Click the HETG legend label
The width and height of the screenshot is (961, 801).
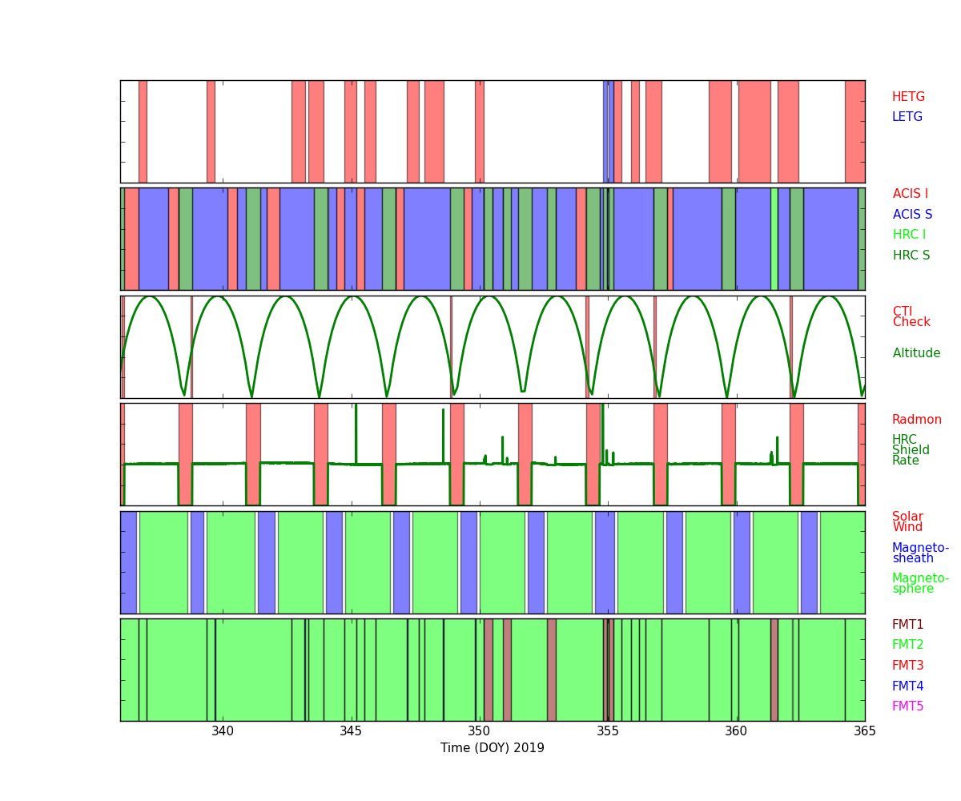[908, 97]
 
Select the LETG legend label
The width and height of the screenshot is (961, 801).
[907, 117]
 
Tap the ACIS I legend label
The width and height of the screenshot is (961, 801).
[911, 194]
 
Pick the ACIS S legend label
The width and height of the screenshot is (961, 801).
[912, 215]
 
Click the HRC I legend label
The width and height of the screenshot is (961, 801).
[909, 235]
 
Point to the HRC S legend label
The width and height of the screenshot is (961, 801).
[911, 256]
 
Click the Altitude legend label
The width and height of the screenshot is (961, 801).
[916, 353]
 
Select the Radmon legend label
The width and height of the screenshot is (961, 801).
[917, 420]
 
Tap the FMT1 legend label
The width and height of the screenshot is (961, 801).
[908, 625]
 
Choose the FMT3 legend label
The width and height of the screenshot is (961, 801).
[908, 666]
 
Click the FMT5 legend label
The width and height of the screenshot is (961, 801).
[908, 706]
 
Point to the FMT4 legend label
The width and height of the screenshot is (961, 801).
[908, 686]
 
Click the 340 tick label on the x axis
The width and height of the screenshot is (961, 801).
[223, 731]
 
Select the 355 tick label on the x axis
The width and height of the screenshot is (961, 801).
[608, 731]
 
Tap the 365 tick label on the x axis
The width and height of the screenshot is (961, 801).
[864, 731]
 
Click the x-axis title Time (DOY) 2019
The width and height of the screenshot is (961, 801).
[492, 748]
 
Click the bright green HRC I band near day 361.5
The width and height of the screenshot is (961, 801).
[774, 239]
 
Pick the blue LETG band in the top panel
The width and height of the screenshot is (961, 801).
[605, 131]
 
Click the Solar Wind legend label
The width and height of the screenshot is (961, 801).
[907, 522]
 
